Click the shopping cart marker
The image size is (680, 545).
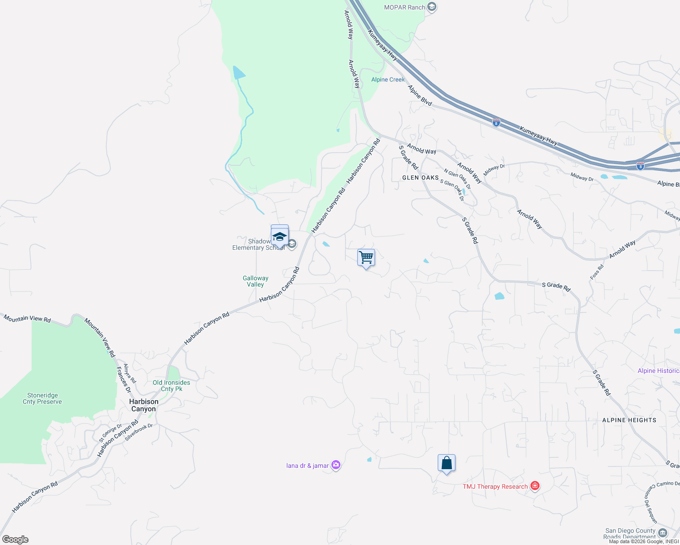click(366, 258)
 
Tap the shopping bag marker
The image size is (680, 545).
click(446, 463)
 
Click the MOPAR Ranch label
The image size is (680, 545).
click(405, 7)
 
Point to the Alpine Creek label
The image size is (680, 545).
click(388, 79)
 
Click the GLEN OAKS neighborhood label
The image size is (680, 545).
click(420, 178)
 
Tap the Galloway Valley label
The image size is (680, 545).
click(255, 281)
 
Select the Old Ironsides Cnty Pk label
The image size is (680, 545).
click(171, 386)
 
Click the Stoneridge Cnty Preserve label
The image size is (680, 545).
click(42, 398)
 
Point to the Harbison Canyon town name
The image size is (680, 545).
click(144, 405)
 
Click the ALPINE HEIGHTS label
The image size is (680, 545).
click(629, 420)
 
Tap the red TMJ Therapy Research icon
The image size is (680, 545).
click(535, 486)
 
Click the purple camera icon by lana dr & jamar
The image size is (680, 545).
click(335, 465)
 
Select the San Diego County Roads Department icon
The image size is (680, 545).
click(662, 532)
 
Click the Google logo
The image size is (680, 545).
click(15, 540)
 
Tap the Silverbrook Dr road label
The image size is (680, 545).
click(139, 433)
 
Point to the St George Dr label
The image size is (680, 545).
click(110, 433)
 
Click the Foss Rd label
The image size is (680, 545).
click(597, 272)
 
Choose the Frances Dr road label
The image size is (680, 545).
click(123, 380)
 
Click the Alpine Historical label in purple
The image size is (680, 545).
click(659, 371)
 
